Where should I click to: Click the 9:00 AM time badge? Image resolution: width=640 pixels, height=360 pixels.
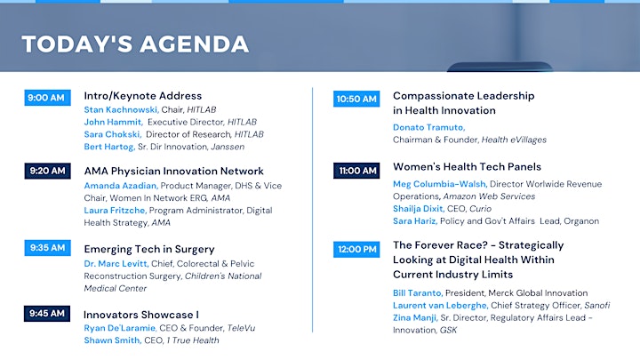click(47, 98)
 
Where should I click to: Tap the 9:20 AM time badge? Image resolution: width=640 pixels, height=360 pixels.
click(47, 171)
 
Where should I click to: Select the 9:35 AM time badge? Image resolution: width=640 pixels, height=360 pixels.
click(47, 248)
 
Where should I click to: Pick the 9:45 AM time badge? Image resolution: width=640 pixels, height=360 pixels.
click(47, 314)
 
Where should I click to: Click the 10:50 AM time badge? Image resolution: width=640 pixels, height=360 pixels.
click(356, 99)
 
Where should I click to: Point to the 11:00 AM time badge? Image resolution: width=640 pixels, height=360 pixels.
click(356, 171)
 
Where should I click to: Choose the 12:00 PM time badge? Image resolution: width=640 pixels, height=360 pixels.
click(356, 250)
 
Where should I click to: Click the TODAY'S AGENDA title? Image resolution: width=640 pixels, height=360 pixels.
click(135, 44)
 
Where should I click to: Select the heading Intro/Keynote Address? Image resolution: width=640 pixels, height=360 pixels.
click(143, 96)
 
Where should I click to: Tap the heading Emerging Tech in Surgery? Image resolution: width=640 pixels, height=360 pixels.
click(149, 250)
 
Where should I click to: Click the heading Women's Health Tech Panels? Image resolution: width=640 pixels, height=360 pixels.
click(467, 167)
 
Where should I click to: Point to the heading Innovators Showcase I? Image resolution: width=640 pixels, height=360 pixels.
click(141, 315)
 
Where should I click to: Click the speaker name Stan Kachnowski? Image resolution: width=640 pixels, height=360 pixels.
click(121, 110)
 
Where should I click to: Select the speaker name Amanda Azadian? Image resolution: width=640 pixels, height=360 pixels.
click(121, 186)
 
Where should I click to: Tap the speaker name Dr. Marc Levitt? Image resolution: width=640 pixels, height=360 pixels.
click(116, 264)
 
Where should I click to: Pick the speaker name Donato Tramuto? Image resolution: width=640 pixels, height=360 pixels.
click(429, 127)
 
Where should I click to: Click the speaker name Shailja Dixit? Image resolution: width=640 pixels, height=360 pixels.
click(419, 209)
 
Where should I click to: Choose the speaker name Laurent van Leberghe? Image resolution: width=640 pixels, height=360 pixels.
click(440, 305)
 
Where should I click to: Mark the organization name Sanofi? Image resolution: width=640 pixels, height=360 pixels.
click(597, 305)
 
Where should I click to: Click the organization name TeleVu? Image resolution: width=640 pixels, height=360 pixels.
click(241, 328)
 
